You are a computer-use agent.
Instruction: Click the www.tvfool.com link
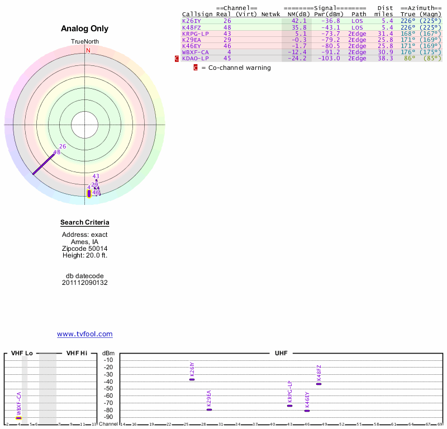pyautogui.click(x=84, y=334)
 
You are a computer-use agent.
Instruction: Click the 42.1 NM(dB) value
pyautogui.click(x=297, y=21)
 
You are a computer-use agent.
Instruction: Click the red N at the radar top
pyautogui.click(x=88, y=50)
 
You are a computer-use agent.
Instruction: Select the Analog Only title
pyautogui.click(x=85, y=29)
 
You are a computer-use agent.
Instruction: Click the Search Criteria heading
pyautogui.click(x=85, y=223)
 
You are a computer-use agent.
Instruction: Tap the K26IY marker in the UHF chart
pyautogui.click(x=192, y=379)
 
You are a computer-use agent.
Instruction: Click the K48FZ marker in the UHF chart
pyautogui.click(x=318, y=384)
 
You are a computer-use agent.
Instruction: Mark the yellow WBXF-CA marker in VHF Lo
pyautogui.click(x=18, y=418)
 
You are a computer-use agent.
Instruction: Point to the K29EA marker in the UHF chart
pyautogui.click(x=209, y=409)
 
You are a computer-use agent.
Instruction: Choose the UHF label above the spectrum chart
pyautogui.click(x=280, y=353)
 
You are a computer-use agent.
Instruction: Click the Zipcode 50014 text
pyautogui.click(x=85, y=249)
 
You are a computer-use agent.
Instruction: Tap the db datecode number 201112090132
pyautogui.click(x=85, y=283)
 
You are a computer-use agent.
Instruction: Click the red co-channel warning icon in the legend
pyautogui.click(x=196, y=68)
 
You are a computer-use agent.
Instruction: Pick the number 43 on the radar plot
pyautogui.click(x=96, y=176)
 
